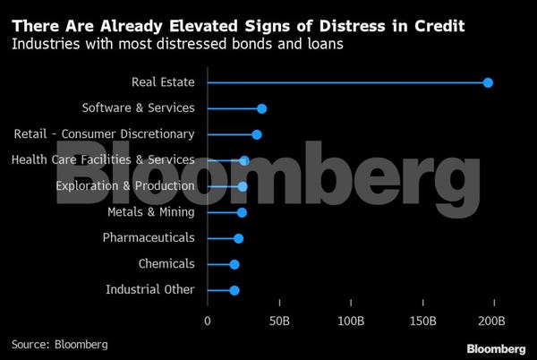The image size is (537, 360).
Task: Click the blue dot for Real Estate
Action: coord(488,82)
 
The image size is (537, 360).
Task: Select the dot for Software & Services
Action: coord(261,108)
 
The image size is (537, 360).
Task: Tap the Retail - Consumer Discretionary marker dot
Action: coord(257,134)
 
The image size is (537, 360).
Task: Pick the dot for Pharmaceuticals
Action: coord(238,238)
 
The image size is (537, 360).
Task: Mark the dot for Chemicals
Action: coord(234,264)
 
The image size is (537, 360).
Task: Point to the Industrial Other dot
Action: coord(234,290)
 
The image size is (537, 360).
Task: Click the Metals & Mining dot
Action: coord(242,212)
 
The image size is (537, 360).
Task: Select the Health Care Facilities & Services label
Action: coord(103,160)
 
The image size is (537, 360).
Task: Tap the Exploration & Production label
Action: coord(125,186)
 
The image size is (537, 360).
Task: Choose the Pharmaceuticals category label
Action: coord(149,238)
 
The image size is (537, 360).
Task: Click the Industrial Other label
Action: coord(149,290)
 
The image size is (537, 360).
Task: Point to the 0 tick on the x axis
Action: coord(208,321)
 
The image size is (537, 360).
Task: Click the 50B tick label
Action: coord(280,321)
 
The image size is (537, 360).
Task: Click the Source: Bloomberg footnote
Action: coord(59,344)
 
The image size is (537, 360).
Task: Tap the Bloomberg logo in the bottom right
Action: coord(495,347)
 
